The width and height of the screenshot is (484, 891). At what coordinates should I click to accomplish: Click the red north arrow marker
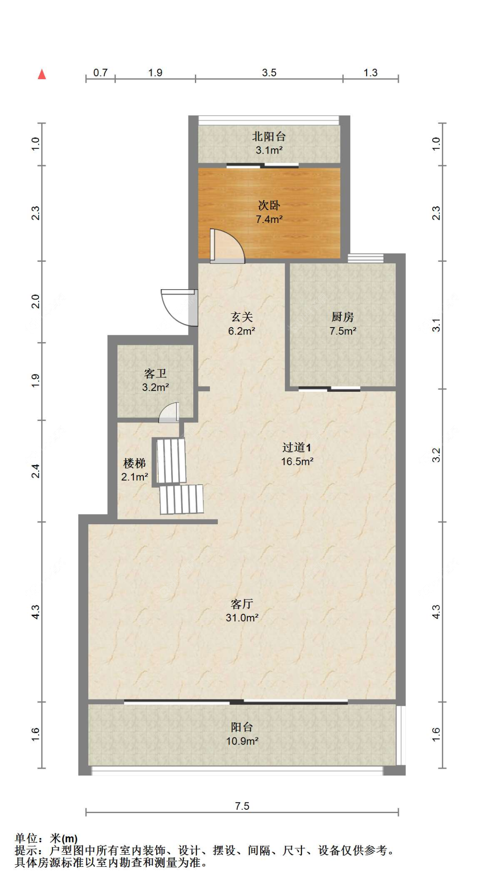42,74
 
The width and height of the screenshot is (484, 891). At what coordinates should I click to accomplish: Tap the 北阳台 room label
269,136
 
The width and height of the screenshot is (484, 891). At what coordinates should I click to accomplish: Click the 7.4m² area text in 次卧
269,219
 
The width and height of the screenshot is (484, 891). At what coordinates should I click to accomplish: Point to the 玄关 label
241,317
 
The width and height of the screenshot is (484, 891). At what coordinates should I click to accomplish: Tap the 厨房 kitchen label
342,317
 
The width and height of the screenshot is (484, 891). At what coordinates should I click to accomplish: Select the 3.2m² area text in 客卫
155,387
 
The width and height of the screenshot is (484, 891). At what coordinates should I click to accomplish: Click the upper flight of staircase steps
171,460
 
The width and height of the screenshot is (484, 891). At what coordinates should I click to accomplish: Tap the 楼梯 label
134,463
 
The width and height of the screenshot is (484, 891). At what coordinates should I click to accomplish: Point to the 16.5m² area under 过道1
297,461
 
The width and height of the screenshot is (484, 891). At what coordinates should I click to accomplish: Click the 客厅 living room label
242,604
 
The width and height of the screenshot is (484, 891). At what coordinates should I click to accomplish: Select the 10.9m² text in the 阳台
242,741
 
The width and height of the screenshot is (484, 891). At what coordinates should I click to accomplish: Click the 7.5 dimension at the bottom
242,806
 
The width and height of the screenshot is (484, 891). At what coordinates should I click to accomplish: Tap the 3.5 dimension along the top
269,72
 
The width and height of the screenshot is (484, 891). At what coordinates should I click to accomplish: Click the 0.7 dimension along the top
100,72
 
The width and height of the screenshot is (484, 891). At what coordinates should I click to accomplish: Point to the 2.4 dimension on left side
36,470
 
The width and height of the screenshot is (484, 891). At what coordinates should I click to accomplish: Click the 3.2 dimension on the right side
436,455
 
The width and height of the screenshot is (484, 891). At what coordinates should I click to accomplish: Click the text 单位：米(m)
46,838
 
